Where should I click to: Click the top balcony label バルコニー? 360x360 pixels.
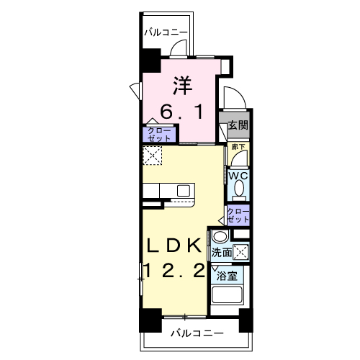click(166, 32)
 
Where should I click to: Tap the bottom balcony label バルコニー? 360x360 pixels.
click(197, 333)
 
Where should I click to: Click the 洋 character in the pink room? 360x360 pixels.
click(182, 85)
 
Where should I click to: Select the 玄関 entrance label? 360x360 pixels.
click(238, 125)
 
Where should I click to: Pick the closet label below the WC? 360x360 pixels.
click(238, 214)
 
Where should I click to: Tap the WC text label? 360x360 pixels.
click(238, 175)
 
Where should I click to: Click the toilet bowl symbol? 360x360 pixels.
click(238, 190)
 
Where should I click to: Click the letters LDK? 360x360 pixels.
click(174, 245)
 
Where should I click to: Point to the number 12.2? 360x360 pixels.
click(174, 271)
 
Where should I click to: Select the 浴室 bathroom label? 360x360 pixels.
click(227, 276)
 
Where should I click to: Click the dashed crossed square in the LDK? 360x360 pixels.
click(153, 156)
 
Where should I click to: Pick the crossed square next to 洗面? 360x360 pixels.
click(243, 252)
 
